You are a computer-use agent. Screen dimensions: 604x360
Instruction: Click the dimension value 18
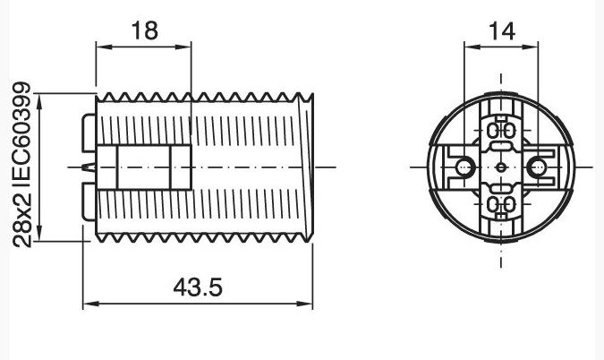coord(145,30)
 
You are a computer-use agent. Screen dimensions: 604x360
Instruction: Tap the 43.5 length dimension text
coord(198,287)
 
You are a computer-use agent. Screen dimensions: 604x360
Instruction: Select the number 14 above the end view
coord(502,31)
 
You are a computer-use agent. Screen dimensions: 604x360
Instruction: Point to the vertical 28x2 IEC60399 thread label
coord(21,165)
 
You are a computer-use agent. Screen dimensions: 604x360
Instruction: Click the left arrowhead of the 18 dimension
coord(104,47)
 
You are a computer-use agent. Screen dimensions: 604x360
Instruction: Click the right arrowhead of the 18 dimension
coord(183,47)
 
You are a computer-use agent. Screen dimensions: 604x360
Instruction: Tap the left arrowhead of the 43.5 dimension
coord(91,304)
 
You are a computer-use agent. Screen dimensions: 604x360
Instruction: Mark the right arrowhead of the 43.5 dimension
coord(305,304)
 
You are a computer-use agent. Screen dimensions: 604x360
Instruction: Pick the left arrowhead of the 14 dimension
coord(472,47)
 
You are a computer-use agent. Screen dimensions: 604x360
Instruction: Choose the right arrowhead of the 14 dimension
coord(530,47)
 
